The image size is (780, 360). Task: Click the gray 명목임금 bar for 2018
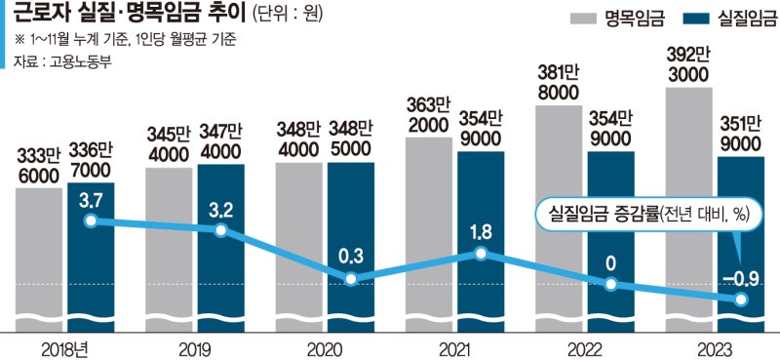(38, 254)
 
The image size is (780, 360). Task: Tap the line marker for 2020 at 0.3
(351, 279)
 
